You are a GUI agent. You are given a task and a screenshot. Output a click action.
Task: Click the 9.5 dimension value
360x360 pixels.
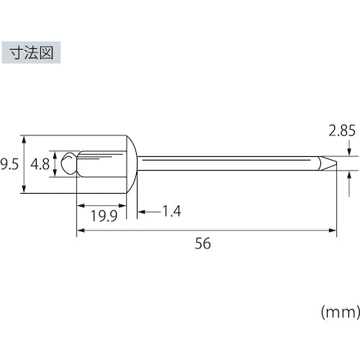click(x=9, y=164)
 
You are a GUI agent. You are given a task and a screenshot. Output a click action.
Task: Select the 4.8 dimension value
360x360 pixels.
click(x=40, y=164)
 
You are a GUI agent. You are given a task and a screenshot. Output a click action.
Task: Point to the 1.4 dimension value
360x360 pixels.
click(x=171, y=211)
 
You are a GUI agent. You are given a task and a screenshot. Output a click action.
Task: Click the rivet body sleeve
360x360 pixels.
click(x=101, y=163)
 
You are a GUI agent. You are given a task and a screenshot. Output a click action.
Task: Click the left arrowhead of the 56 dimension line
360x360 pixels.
click(x=80, y=230)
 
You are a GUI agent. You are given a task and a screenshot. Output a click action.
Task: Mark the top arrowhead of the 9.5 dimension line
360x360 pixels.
click(x=25, y=138)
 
